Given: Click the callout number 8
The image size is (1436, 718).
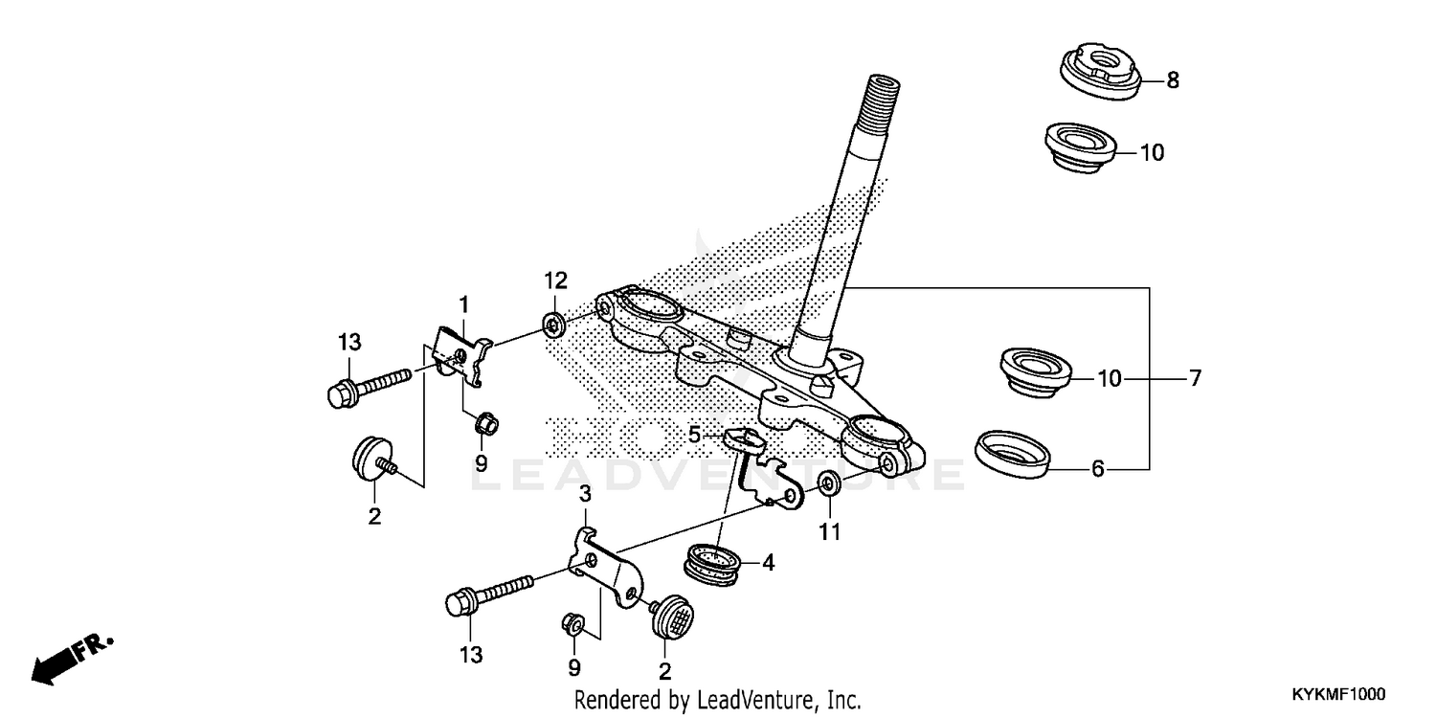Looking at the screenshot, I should coord(1173,80).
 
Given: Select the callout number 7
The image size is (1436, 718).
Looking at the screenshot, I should coord(1194,378).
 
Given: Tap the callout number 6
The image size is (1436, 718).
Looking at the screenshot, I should coord(1098,469).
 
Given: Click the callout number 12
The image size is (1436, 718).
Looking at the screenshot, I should coord(556,280).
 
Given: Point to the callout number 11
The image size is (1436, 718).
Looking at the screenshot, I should coord(830,531).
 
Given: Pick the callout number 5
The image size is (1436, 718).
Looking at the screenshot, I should coord(695,434).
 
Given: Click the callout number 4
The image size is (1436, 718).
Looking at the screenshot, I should coord(768,563).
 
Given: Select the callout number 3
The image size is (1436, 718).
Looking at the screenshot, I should coord(586,494).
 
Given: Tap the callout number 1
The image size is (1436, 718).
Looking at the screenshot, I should coord(463,304).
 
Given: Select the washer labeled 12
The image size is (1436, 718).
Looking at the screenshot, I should coord(552,322).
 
